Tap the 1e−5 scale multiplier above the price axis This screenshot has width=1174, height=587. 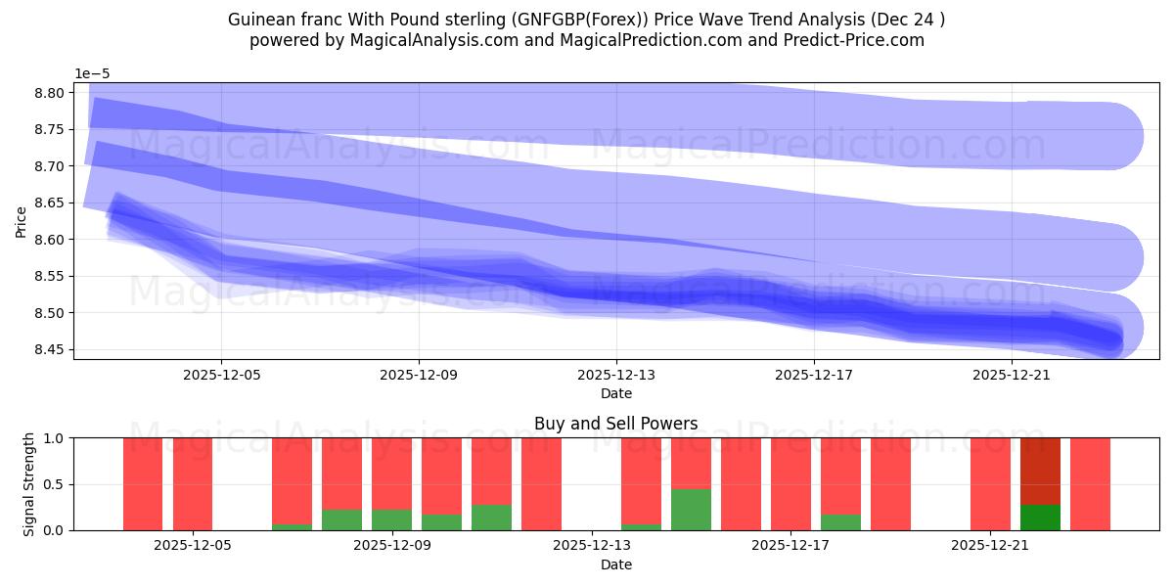pos(94,73)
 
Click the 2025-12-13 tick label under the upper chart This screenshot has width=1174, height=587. pos(615,374)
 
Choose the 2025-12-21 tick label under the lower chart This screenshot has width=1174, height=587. pos(991,545)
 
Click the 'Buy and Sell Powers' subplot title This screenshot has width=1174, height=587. pos(615,424)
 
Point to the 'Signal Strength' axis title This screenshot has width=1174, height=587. pos(30,484)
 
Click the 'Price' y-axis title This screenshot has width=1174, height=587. pos(21,221)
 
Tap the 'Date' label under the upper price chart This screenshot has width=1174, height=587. pos(615,393)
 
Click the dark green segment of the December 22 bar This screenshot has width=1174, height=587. pos(1040,518)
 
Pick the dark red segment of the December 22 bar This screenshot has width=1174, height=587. pos(1040,471)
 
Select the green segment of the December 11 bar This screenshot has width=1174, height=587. pos(491,518)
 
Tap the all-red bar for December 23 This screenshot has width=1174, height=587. pos(1090,484)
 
